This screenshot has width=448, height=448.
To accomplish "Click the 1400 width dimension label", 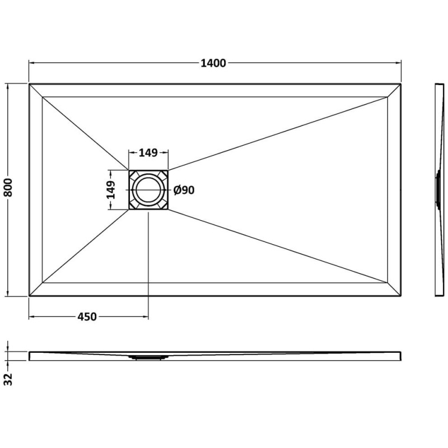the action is point(213,63).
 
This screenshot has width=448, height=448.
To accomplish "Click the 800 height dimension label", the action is point(8,188).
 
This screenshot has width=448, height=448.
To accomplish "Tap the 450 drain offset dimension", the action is point(87,316).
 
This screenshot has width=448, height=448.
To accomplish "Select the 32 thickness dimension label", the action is point(8,379).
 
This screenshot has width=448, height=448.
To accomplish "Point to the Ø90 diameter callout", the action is point(184,190).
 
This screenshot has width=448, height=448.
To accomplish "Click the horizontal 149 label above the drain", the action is point(148,153).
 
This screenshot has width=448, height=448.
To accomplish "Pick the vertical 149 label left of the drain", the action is point(110,190).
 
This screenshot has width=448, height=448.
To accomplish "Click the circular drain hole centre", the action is point(148,190).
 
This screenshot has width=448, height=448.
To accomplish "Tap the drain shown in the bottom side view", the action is point(148,357).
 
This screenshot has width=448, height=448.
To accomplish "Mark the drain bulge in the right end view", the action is point(437,190).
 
